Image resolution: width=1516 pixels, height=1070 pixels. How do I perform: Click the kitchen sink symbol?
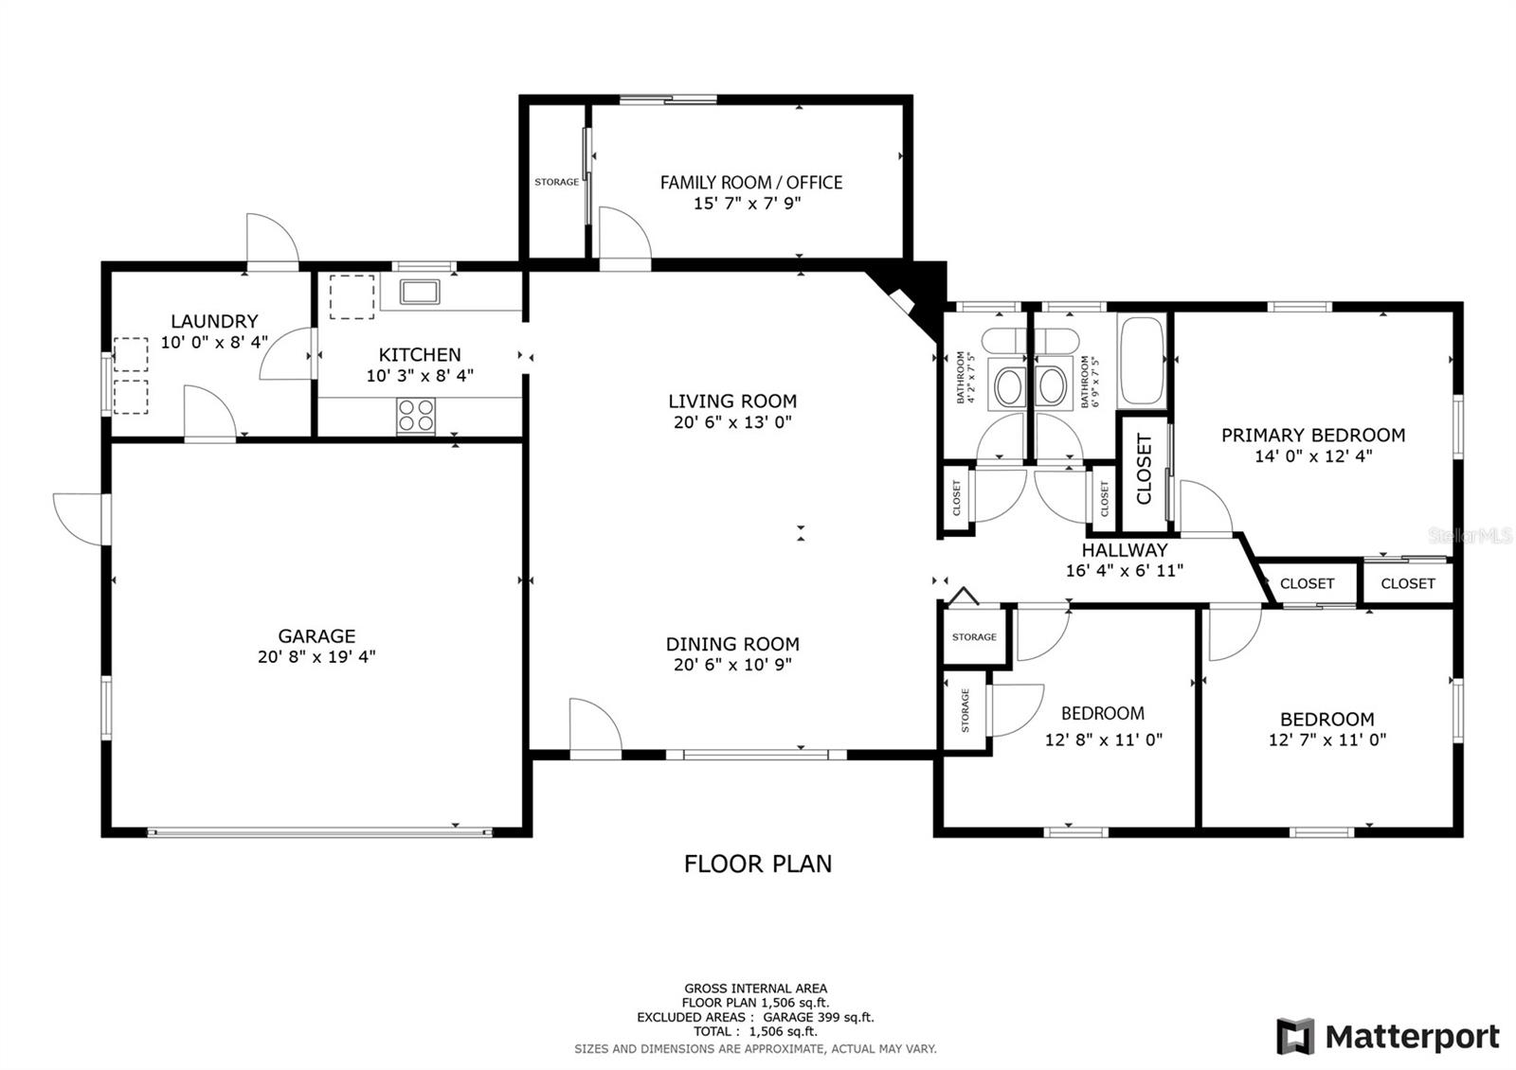(x=420, y=291)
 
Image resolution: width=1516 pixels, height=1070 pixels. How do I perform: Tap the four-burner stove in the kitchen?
(x=415, y=416)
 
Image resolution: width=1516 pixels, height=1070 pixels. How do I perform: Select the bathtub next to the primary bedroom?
(x=1142, y=362)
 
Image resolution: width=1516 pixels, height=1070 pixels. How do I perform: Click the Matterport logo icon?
(x=1295, y=1036)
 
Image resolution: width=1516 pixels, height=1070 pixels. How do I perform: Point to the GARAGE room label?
(x=316, y=636)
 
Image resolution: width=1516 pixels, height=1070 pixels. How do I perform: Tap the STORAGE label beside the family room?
(x=556, y=182)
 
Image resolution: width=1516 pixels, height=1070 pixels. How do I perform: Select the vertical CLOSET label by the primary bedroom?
(x=1144, y=470)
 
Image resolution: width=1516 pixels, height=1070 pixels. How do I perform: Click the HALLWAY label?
(x=1125, y=550)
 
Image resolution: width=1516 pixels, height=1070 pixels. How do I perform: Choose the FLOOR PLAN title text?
(x=758, y=864)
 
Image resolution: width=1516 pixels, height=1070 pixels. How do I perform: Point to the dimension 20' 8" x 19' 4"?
(x=316, y=656)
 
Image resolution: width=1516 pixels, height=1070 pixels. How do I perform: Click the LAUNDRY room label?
(x=214, y=322)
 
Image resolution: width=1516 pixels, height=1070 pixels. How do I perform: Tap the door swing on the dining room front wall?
(x=593, y=727)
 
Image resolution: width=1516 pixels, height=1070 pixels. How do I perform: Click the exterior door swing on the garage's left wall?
(x=80, y=519)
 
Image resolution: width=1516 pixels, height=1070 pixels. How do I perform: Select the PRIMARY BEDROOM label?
(x=1312, y=436)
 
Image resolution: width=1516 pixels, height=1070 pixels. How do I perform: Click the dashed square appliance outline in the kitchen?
(x=352, y=296)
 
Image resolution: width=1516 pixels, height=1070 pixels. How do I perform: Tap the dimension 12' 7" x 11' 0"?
(x=1326, y=740)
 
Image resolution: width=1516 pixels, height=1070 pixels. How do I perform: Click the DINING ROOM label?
(x=732, y=644)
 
